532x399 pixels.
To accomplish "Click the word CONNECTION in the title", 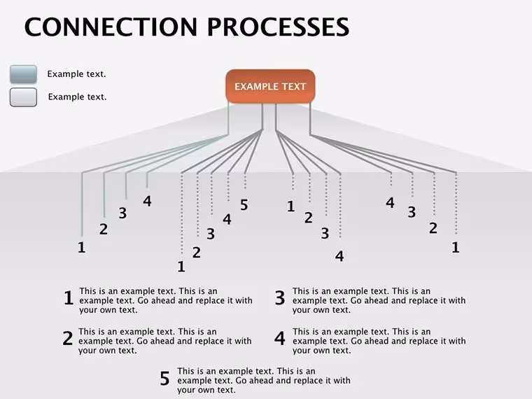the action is click(x=111, y=27).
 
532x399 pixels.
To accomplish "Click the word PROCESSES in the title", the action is click(x=278, y=27).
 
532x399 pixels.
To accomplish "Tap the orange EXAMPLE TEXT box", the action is click(x=270, y=86).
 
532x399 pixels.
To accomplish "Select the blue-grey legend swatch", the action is click(x=23, y=74).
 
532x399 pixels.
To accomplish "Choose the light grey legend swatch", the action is click(x=23, y=97).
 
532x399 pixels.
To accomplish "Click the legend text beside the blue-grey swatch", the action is click(x=77, y=74).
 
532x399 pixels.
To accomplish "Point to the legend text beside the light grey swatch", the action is click(x=78, y=97).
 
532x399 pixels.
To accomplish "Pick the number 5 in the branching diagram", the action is click(x=244, y=205).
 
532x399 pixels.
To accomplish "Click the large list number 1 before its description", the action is click(x=69, y=298).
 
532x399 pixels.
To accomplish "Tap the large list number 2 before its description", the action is click(x=68, y=338).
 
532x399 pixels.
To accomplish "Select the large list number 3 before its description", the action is click(x=280, y=298).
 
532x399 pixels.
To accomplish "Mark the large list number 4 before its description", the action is click(x=280, y=338).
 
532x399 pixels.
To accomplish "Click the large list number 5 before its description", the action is click(x=165, y=378).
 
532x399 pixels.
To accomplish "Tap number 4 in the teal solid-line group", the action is click(x=147, y=201).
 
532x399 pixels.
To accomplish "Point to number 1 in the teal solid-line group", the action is click(x=81, y=247).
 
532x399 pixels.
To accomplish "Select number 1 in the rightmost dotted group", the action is click(x=456, y=247).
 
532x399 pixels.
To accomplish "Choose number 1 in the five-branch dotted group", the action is click(x=181, y=267).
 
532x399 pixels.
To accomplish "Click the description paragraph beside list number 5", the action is click(x=264, y=380).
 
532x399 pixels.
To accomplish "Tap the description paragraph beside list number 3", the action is click(x=379, y=300).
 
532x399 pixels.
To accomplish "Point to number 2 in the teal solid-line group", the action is click(x=104, y=229).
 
